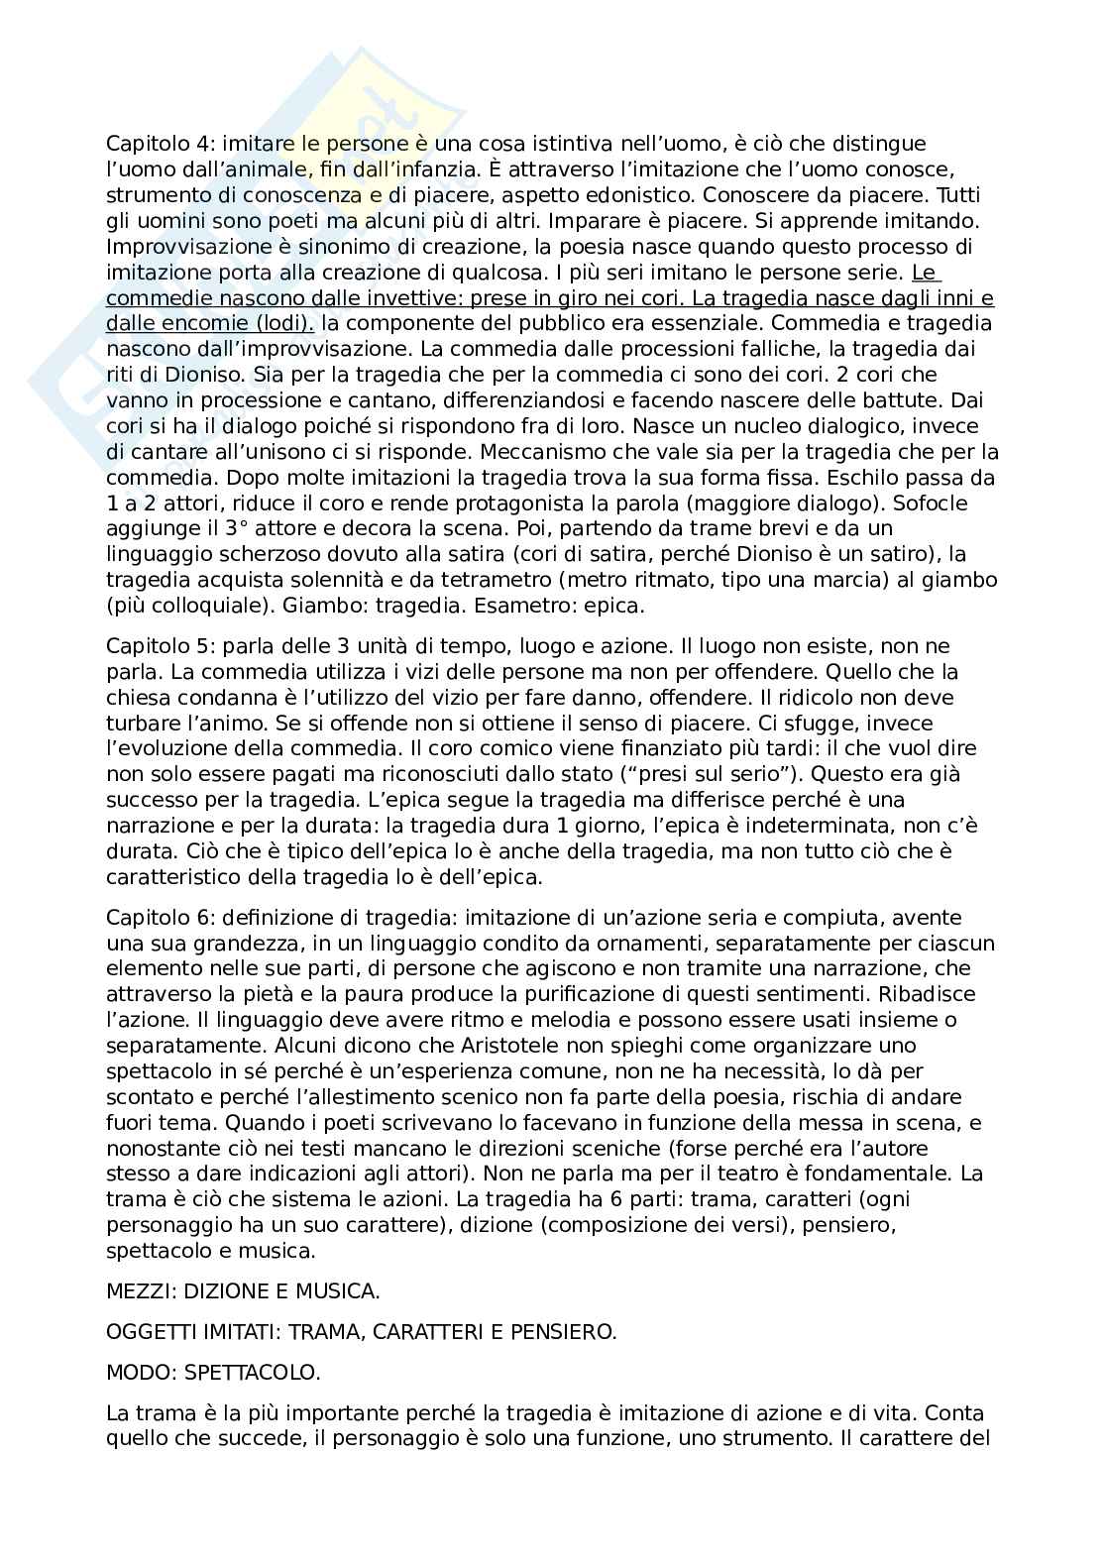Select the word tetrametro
tap(468, 579)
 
